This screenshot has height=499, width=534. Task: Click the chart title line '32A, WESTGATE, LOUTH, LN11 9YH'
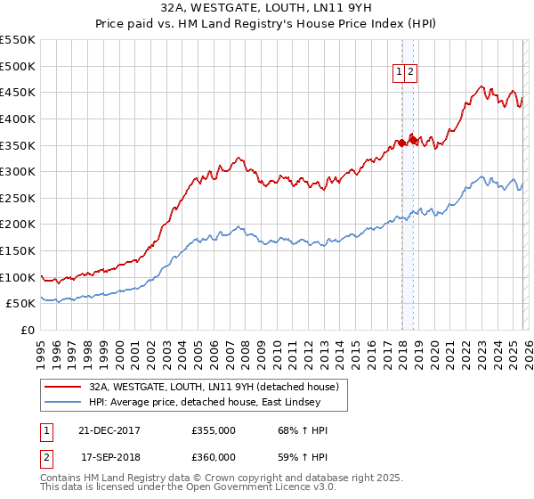click(x=267, y=7)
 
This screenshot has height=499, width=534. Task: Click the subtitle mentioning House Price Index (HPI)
click(x=267, y=23)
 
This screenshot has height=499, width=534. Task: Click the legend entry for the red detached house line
click(x=214, y=388)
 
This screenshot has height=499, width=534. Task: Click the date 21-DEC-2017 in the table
click(x=109, y=430)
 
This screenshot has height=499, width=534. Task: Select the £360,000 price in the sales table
click(x=214, y=457)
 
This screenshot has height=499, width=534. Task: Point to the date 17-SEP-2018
click(x=109, y=457)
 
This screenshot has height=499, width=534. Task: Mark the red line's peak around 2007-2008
click(x=239, y=158)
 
